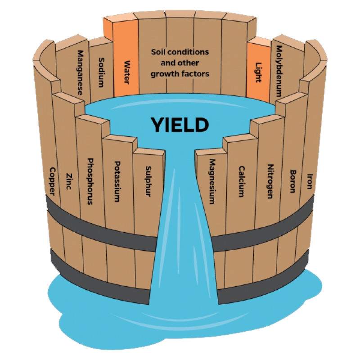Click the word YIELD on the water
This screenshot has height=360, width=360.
pyautogui.click(x=180, y=125)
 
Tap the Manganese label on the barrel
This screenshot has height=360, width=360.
pyautogui.click(x=80, y=72)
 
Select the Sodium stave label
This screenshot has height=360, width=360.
pyautogui.click(x=101, y=72)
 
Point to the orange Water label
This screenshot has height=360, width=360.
pyautogui.click(x=127, y=72)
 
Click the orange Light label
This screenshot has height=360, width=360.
pyautogui.click(x=258, y=72)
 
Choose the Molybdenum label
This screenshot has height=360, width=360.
pyautogui.click(x=279, y=71)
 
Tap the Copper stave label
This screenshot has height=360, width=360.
pyautogui.click(x=52, y=181)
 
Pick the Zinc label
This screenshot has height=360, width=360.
pyautogui.click(x=68, y=181)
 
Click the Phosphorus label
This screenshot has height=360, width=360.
pyautogui.click(x=90, y=181)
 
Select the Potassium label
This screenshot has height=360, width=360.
pyautogui.click(x=117, y=181)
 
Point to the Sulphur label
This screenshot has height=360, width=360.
pyautogui.click(x=148, y=181)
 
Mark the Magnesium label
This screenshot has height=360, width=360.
pyautogui.click(x=212, y=181)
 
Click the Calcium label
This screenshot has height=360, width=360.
pyautogui.click(x=242, y=181)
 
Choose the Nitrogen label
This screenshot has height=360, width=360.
pyautogui.click(x=270, y=181)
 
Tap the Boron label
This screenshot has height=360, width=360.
pyautogui.click(x=292, y=181)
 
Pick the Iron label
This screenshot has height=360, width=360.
pyautogui.click(x=310, y=181)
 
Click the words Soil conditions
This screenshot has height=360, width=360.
pyautogui.click(x=180, y=52)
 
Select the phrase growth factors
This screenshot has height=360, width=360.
pyautogui.click(x=180, y=74)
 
